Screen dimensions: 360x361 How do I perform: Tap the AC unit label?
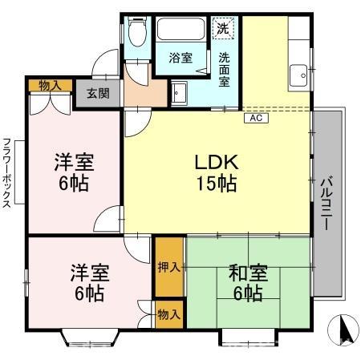click(256, 118)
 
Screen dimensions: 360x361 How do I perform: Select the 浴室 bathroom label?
click(180, 58)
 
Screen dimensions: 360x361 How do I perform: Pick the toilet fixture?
click(136, 32)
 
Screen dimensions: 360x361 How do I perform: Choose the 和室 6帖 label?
click(247, 282)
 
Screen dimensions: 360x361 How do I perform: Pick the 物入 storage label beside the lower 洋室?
click(168, 313)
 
